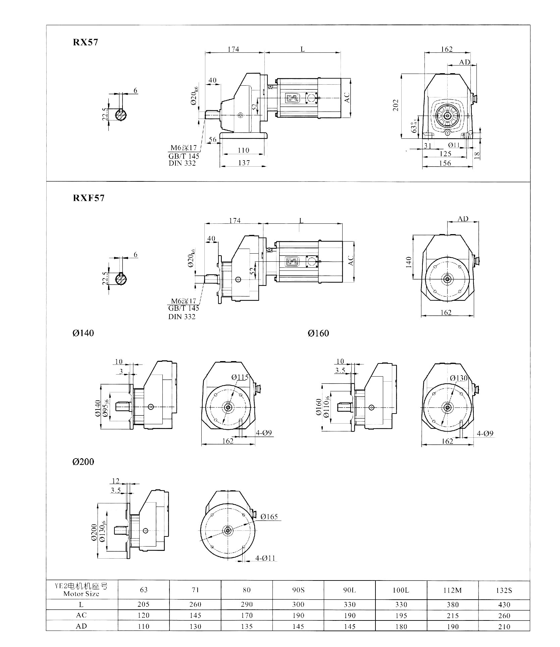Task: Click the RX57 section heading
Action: pos(86,42)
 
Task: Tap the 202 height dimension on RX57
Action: pos(396,105)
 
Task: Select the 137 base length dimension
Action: pos(244,163)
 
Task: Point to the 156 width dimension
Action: pos(445,163)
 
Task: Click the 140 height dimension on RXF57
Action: pos(408,262)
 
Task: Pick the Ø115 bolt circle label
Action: pos(240,377)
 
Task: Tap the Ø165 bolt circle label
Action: pos(269,516)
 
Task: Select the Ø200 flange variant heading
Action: pos(83,462)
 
